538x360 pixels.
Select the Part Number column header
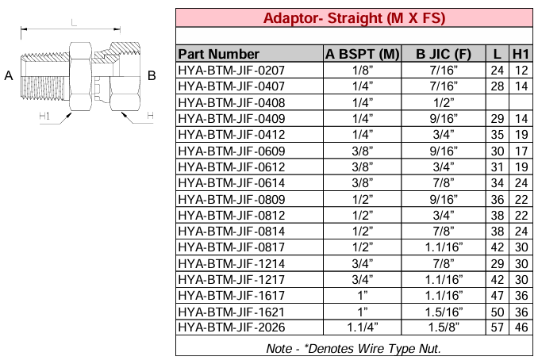[219, 54]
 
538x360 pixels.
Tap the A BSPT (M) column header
[362, 54]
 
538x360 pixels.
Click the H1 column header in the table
[521, 54]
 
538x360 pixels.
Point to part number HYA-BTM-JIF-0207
[231, 70]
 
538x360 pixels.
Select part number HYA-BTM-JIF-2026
[231, 326]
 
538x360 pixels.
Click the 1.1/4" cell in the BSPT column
[362, 326]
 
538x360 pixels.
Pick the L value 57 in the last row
[497, 326]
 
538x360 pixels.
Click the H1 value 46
[521, 326]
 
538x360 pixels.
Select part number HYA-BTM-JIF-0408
[231, 101]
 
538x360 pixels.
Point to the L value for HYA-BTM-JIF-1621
[497, 310]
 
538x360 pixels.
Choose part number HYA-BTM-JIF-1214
[231, 262]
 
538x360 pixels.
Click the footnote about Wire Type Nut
[354, 347]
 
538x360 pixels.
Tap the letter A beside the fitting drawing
[9, 76]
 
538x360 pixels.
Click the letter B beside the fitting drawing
[152, 76]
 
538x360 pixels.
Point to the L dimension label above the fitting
[74, 25]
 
